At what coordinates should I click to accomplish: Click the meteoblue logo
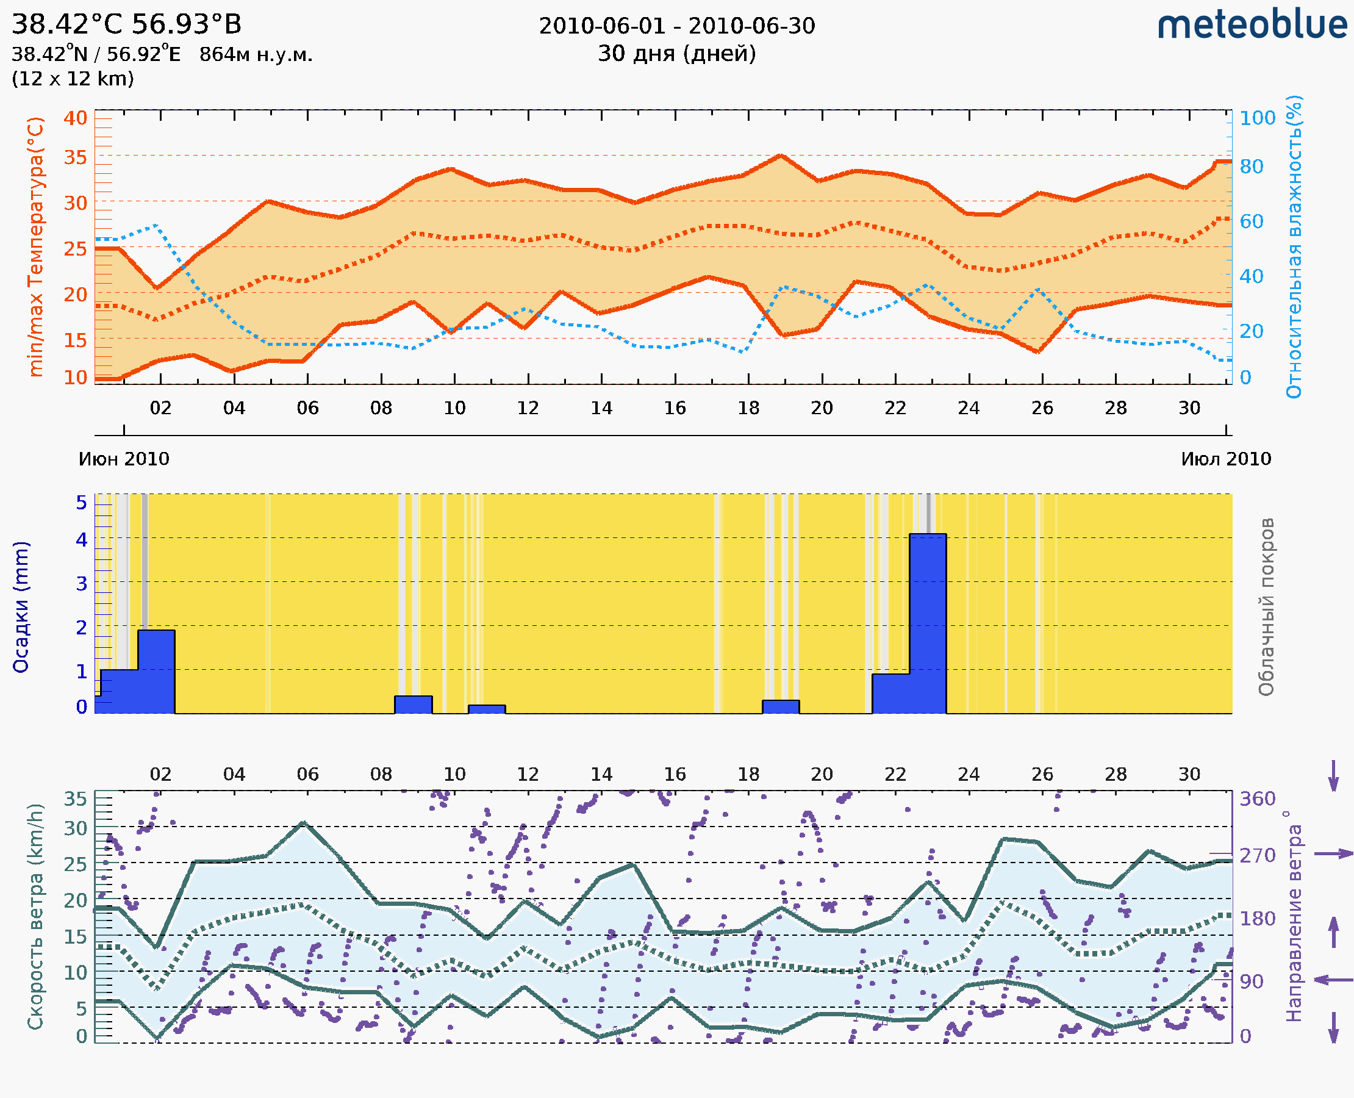point(1252,25)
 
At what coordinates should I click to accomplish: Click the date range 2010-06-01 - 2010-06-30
point(676,26)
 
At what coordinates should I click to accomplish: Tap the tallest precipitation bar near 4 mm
point(927,623)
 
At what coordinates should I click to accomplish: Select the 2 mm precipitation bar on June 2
point(156,670)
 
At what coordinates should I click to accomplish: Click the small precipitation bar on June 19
point(781,706)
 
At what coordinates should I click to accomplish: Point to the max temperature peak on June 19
point(781,156)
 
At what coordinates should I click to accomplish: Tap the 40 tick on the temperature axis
point(75,118)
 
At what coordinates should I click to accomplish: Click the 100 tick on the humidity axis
point(1257,118)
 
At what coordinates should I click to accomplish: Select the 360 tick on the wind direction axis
point(1257,799)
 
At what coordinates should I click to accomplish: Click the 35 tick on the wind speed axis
point(75,799)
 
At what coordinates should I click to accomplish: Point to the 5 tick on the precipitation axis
point(82,503)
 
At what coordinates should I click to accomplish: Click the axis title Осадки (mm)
point(21,606)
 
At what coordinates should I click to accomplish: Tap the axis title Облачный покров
point(1266,606)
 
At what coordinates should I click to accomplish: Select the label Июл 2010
point(1226,459)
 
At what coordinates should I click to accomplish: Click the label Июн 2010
point(124,459)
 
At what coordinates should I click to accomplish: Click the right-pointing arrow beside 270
point(1333,854)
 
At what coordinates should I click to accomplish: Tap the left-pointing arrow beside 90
point(1333,980)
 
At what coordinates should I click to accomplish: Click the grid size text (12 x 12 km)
point(73,79)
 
